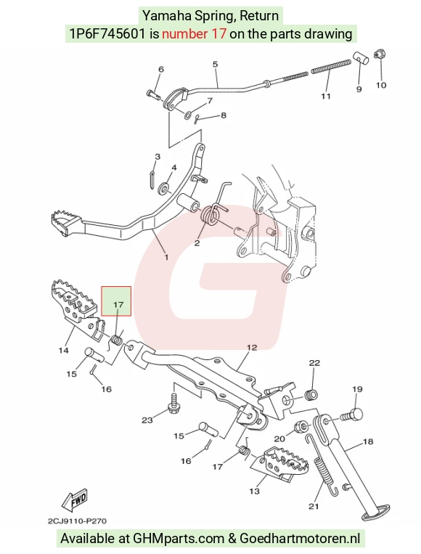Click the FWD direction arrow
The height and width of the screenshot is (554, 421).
(x=74, y=501)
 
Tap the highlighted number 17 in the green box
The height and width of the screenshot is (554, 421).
(x=118, y=304)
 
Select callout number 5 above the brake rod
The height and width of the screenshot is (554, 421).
(x=215, y=64)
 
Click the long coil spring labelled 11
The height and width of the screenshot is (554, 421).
(x=331, y=67)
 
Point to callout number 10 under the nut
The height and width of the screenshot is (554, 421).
(x=381, y=85)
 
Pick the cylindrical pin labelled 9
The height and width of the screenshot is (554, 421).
(x=361, y=58)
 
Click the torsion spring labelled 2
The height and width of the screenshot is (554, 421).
(x=211, y=214)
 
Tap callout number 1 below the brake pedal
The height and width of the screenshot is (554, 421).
(x=166, y=257)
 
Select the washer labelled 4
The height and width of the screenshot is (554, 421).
(x=164, y=187)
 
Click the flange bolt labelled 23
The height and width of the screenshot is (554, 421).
(x=176, y=404)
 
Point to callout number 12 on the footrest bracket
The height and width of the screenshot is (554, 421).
(x=252, y=348)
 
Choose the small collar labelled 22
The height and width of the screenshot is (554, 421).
(x=311, y=394)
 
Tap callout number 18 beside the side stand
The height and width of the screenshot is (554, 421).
(x=368, y=441)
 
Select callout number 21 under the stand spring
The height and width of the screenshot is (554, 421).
(x=314, y=506)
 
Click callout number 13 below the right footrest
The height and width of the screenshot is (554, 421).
(x=254, y=491)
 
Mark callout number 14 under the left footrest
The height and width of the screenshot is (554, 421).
(x=64, y=351)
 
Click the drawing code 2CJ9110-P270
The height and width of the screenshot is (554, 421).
(x=77, y=521)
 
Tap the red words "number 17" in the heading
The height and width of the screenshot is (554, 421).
(x=194, y=33)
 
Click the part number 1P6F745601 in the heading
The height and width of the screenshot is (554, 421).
(x=107, y=33)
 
